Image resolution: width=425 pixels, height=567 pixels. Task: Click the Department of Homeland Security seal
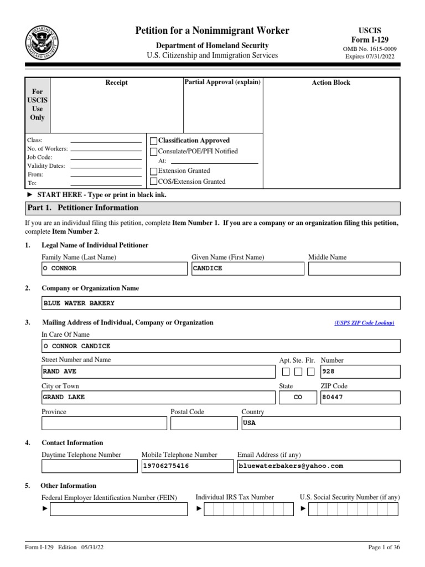coord(42,43)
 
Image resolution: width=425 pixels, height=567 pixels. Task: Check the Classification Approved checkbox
coord(154,141)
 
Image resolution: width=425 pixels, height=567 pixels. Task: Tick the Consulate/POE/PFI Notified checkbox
coord(154,152)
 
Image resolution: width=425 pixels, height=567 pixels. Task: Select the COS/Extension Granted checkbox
coord(154,182)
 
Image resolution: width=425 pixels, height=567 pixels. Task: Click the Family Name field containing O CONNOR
coord(115,269)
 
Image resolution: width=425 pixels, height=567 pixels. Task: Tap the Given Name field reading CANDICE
coord(247,269)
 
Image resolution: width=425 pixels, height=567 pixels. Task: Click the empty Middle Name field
coord(354,269)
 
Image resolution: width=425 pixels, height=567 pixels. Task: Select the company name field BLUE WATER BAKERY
coord(221,303)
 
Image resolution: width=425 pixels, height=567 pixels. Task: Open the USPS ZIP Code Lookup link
coord(364,323)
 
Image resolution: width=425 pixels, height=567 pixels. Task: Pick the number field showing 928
coord(360,372)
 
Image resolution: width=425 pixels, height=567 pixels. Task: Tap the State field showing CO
coord(298,398)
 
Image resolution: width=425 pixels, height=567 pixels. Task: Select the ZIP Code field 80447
coord(360,398)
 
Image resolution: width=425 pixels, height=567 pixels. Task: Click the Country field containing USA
coord(320,423)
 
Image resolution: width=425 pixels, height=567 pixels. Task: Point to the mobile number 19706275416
coord(188,466)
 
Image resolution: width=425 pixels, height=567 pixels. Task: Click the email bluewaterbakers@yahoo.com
coord(318,466)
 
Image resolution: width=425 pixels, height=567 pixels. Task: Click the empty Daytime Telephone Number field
coord(89,466)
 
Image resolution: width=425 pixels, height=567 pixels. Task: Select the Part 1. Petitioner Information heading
coord(83,208)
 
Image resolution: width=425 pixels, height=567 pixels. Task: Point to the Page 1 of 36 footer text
coord(383,548)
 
